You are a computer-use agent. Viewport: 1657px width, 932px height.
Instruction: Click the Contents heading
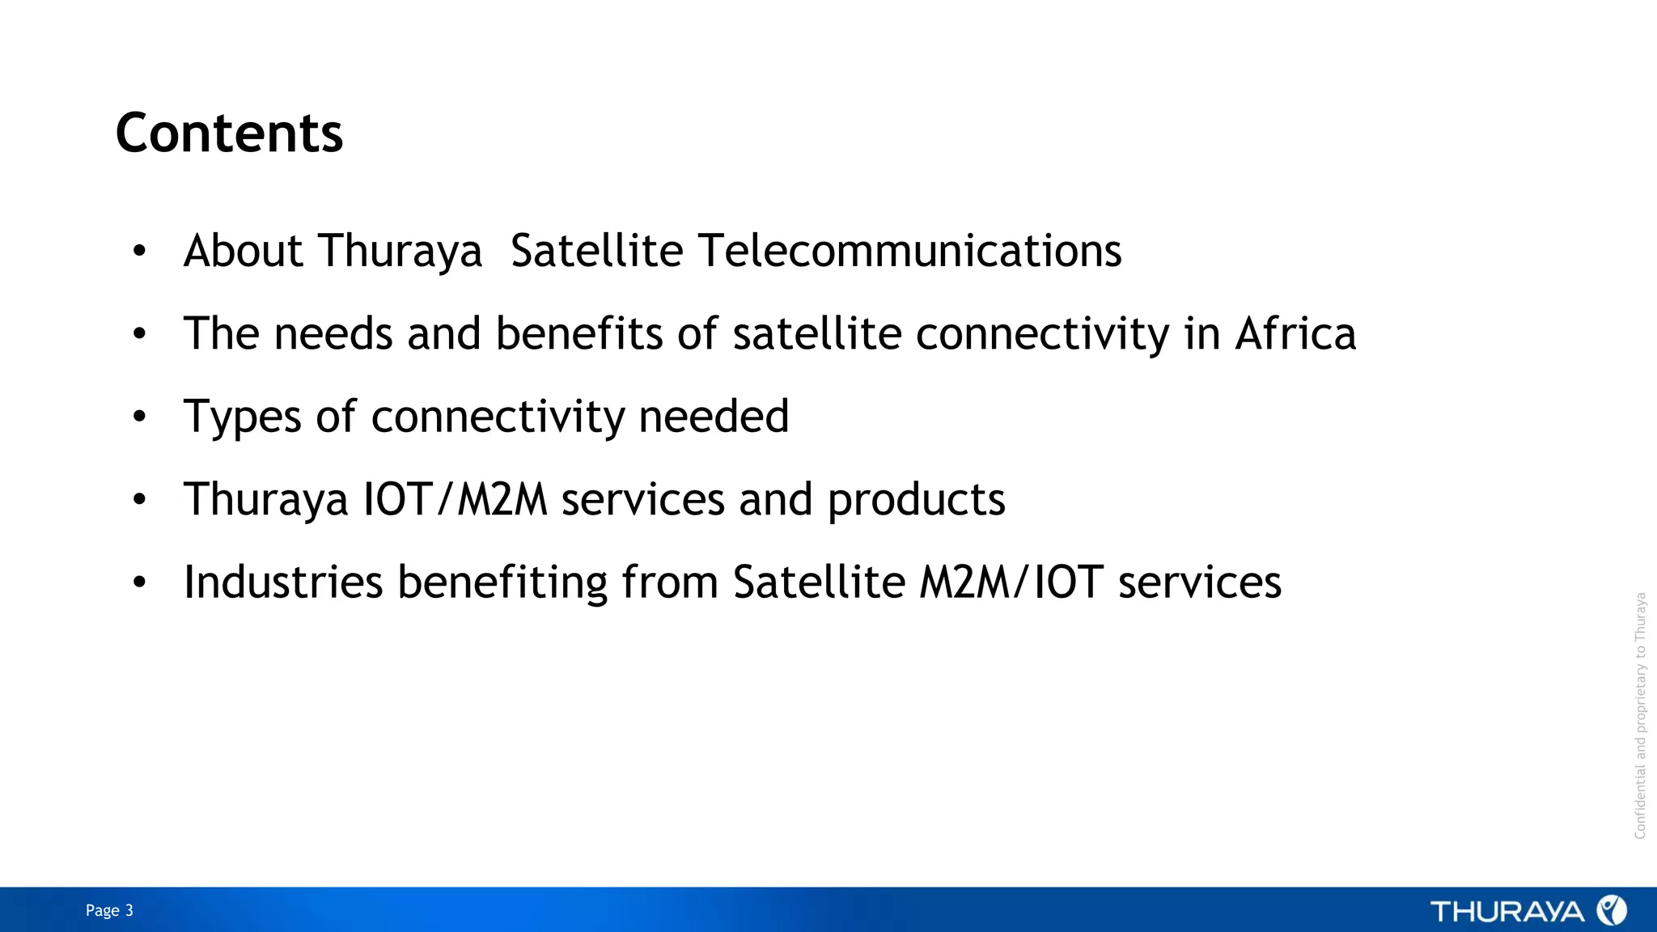(x=229, y=133)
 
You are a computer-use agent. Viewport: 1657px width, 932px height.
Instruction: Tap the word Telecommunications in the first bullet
(x=909, y=251)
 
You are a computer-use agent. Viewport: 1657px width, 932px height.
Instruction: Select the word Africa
(x=1295, y=334)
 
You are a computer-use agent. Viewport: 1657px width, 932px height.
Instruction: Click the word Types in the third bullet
(x=243, y=417)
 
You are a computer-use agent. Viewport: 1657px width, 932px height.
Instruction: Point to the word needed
(x=713, y=417)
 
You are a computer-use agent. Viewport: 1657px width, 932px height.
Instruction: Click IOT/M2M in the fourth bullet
(x=455, y=499)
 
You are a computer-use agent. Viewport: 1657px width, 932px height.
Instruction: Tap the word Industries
(x=283, y=582)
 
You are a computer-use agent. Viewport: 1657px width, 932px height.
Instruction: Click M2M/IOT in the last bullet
(x=1011, y=582)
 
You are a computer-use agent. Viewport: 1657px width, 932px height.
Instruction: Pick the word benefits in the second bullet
(x=578, y=334)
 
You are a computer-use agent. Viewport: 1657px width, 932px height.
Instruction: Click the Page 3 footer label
(x=109, y=911)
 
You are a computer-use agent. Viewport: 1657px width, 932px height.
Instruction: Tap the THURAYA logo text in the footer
(x=1507, y=912)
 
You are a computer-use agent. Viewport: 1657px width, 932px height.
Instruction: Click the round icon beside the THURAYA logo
(x=1611, y=911)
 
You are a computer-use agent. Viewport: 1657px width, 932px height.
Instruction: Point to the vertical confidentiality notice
(x=1640, y=715)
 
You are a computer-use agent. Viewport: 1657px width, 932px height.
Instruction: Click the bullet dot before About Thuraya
(x=139, y=252)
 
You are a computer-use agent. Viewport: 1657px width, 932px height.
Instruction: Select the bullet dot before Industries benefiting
(x=139, y=582)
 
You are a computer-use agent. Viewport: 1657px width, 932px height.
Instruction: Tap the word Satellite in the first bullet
(x=596, y=251)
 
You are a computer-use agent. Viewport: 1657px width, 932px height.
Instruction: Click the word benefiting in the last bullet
(x=502, y=582)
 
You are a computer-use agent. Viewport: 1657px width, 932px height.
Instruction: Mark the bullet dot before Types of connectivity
(x=139, y=417)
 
